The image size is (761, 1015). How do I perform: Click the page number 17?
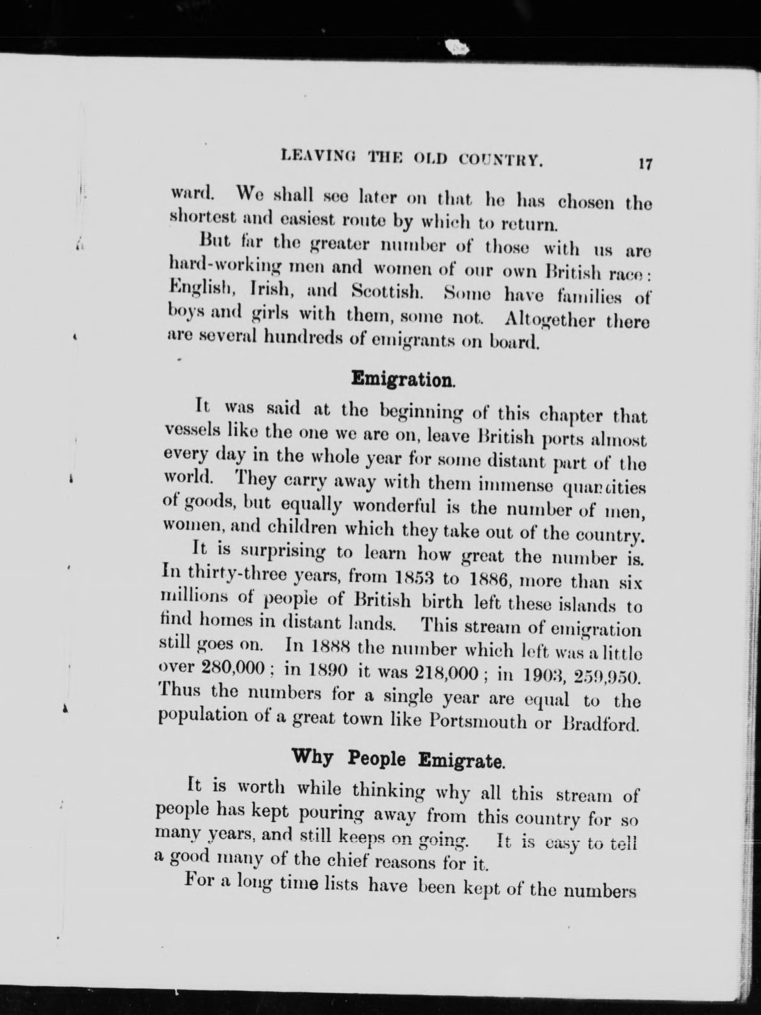point(645,164)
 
